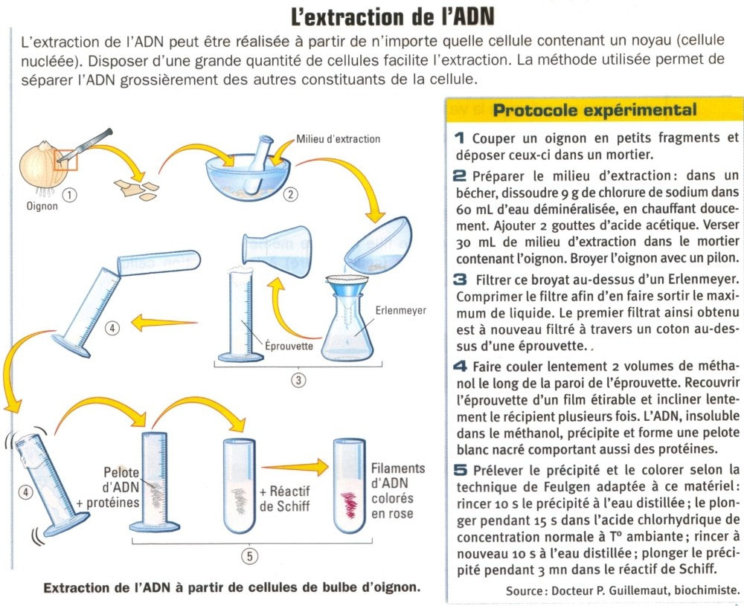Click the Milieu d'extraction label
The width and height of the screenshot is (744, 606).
(x=338, y=139)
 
